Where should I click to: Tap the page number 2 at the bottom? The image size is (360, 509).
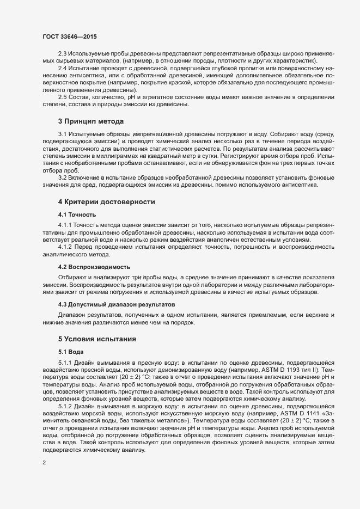tap(44, 463)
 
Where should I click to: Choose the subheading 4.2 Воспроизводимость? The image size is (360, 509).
tap(94, 267)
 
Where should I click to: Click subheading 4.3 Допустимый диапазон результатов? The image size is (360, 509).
tap(117, 303)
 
